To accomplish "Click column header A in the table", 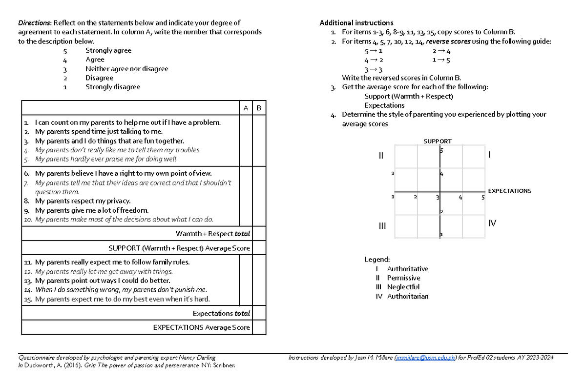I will (246, 108).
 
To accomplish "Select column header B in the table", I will (259, 108).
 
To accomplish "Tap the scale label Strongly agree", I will (108, 50).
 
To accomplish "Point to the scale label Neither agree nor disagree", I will (126, 69).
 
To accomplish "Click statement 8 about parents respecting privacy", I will (83, 201).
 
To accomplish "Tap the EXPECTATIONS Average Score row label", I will (201, 327).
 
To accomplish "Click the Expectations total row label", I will (221, 313).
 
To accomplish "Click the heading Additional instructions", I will (356, 23).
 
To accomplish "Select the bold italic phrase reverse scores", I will (448, 41).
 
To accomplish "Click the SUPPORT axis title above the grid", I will (437, 141).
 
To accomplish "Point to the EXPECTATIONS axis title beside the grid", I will (509, 191).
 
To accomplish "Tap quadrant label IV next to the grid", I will (492, 223).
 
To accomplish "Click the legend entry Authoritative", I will (407, 269).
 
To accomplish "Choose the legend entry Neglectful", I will (403, 287).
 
